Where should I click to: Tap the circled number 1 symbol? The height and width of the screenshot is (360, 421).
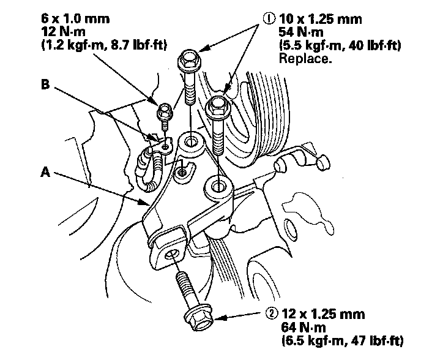pos(267,18)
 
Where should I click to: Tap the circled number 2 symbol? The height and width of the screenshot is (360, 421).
pos(272,315)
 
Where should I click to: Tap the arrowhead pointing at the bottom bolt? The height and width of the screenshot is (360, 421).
pos(215,318)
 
